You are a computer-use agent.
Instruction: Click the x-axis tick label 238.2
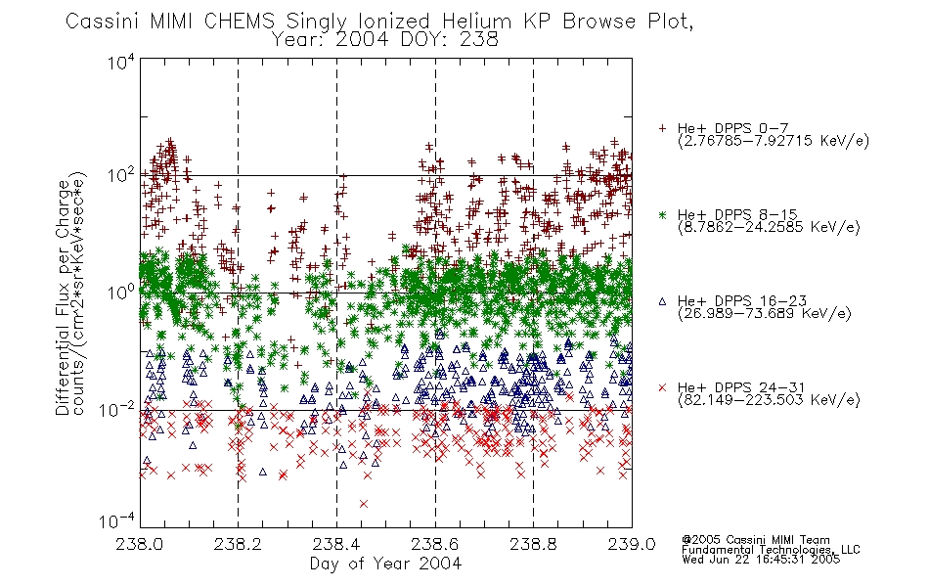[239, 544]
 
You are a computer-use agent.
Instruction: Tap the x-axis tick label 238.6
[435, 544]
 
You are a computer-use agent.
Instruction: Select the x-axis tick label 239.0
[632, 544]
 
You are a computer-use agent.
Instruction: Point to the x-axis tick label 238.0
[139, 544]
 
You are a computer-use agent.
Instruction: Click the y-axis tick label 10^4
[121, 61]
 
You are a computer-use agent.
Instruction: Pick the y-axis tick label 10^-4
[117, 520]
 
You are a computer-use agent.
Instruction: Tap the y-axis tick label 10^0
[121, 293]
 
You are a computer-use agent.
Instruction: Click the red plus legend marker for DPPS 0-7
[662, 128]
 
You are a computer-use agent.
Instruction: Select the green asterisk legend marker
[662, 214]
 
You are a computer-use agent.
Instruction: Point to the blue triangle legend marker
[662, 301]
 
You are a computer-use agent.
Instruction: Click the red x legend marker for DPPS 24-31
[662, 387]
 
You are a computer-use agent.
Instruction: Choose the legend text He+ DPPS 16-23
[742, 301]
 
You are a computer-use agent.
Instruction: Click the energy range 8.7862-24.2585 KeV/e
[769, 227]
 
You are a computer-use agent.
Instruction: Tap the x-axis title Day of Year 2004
[385, 564]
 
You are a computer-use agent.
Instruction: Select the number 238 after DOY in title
[479, 40]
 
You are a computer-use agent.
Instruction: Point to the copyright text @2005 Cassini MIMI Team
[755, 540]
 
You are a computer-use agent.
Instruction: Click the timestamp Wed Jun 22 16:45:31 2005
[761, 559]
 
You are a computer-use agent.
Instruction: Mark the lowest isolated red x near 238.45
[364, 504]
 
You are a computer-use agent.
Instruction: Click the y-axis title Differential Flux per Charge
[63, 297]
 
